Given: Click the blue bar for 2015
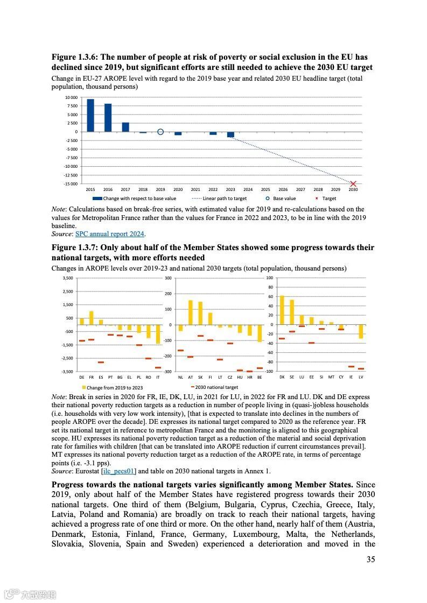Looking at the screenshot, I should pyautogui.click(x=90, y=115).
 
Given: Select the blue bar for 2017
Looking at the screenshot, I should pyautogui.click(x=125, y=127).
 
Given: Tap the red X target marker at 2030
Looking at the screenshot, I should pyautogui.click(x=353, y=184).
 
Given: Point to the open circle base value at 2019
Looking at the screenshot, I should pyautogui.click(x=160, y=132).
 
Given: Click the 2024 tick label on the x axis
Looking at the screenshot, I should pyautogui.click(x=248, y=190).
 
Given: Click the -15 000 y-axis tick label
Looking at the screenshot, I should pyautogui.click(x=71, y=184).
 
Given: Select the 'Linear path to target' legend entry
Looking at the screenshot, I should pyautogui.click(x=224, y=198).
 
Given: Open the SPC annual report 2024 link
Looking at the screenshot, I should pyautogui.click(x=110, y=234).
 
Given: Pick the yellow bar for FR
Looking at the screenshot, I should pyautogui.click(x=91, y=318).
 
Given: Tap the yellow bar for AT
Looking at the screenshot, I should pyautogui.click(x=190, y=313).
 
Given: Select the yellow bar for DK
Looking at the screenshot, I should pyautogui.click(x=282, y=310).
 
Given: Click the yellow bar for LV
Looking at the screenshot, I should pyautogui.click(x=361, y=331).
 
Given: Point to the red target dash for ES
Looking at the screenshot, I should pyautogui.click(x=101, y=362).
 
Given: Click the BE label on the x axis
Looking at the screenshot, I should pyautogui.click(x=260, y=377).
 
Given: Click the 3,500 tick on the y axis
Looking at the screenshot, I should pyautogui.click(x=67, y=278).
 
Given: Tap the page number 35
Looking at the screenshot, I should pyautogui.click(x=370, y=559).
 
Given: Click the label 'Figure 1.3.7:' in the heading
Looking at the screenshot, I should pyautogui.click(x=75, y=247).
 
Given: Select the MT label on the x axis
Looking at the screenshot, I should pyautogui.click(x=331, y=377).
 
